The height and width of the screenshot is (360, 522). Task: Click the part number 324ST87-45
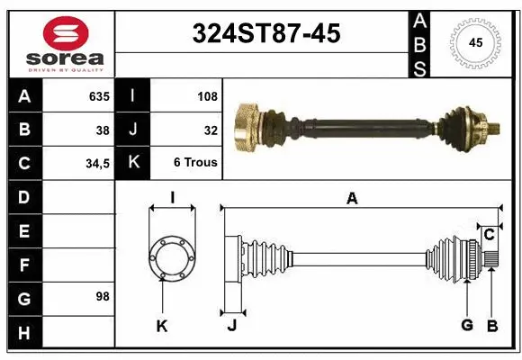pos(266,34)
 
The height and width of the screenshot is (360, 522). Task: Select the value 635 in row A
pos(99,96)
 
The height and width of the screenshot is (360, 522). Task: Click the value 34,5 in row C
pos(96,164)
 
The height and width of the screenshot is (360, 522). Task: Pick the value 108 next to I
pos(207,96)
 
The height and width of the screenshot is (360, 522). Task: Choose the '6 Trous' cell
pos(195,163)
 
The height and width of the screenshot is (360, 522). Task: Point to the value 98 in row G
pos(103,296)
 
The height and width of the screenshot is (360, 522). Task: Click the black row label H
pos(23,333)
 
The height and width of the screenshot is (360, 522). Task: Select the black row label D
pos(23,197)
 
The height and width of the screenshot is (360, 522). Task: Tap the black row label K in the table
pos(133,163)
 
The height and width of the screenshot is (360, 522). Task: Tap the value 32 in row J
pos(211,130)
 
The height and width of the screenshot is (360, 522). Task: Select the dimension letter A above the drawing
pos(352,199)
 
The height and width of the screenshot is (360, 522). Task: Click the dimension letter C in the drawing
pos(489,235)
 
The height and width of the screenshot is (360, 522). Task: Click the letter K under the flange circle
pos(162,326)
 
